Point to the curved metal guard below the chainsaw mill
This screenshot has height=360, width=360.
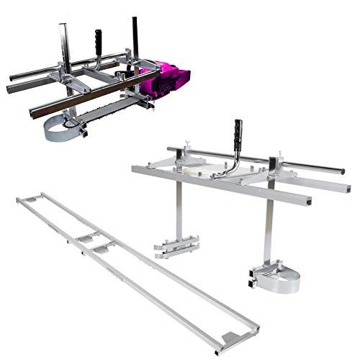[x=63, y=130]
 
